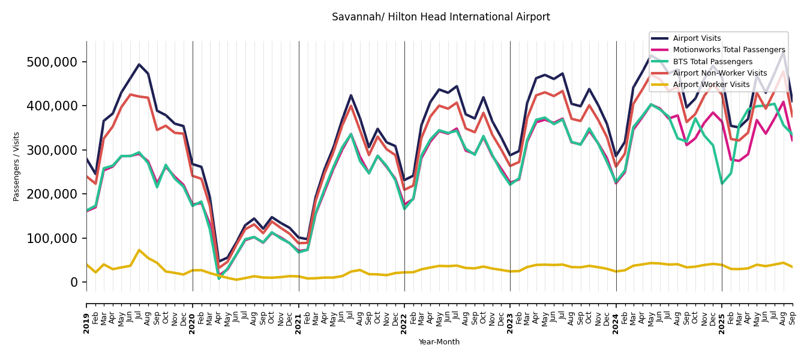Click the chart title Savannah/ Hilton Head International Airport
440,17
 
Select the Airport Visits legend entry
697,38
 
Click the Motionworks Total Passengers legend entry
728,50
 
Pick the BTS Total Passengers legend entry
712,62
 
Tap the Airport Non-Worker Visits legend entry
719,73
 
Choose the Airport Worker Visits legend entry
711,85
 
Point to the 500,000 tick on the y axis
52,62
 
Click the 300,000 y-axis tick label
52,150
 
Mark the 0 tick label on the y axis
74,282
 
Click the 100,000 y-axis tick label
52,238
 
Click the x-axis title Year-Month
439,342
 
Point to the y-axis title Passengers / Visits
17,166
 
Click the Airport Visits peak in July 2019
139,64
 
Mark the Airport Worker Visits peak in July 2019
139,250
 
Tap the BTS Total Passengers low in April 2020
219,278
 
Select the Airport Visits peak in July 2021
351,95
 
